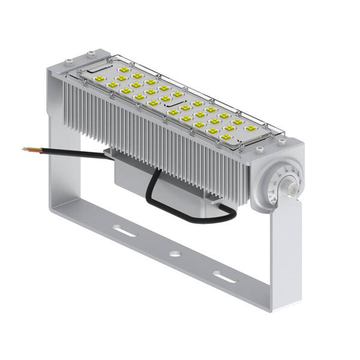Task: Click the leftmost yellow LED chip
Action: pyautogui.click(x=112, y=86)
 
